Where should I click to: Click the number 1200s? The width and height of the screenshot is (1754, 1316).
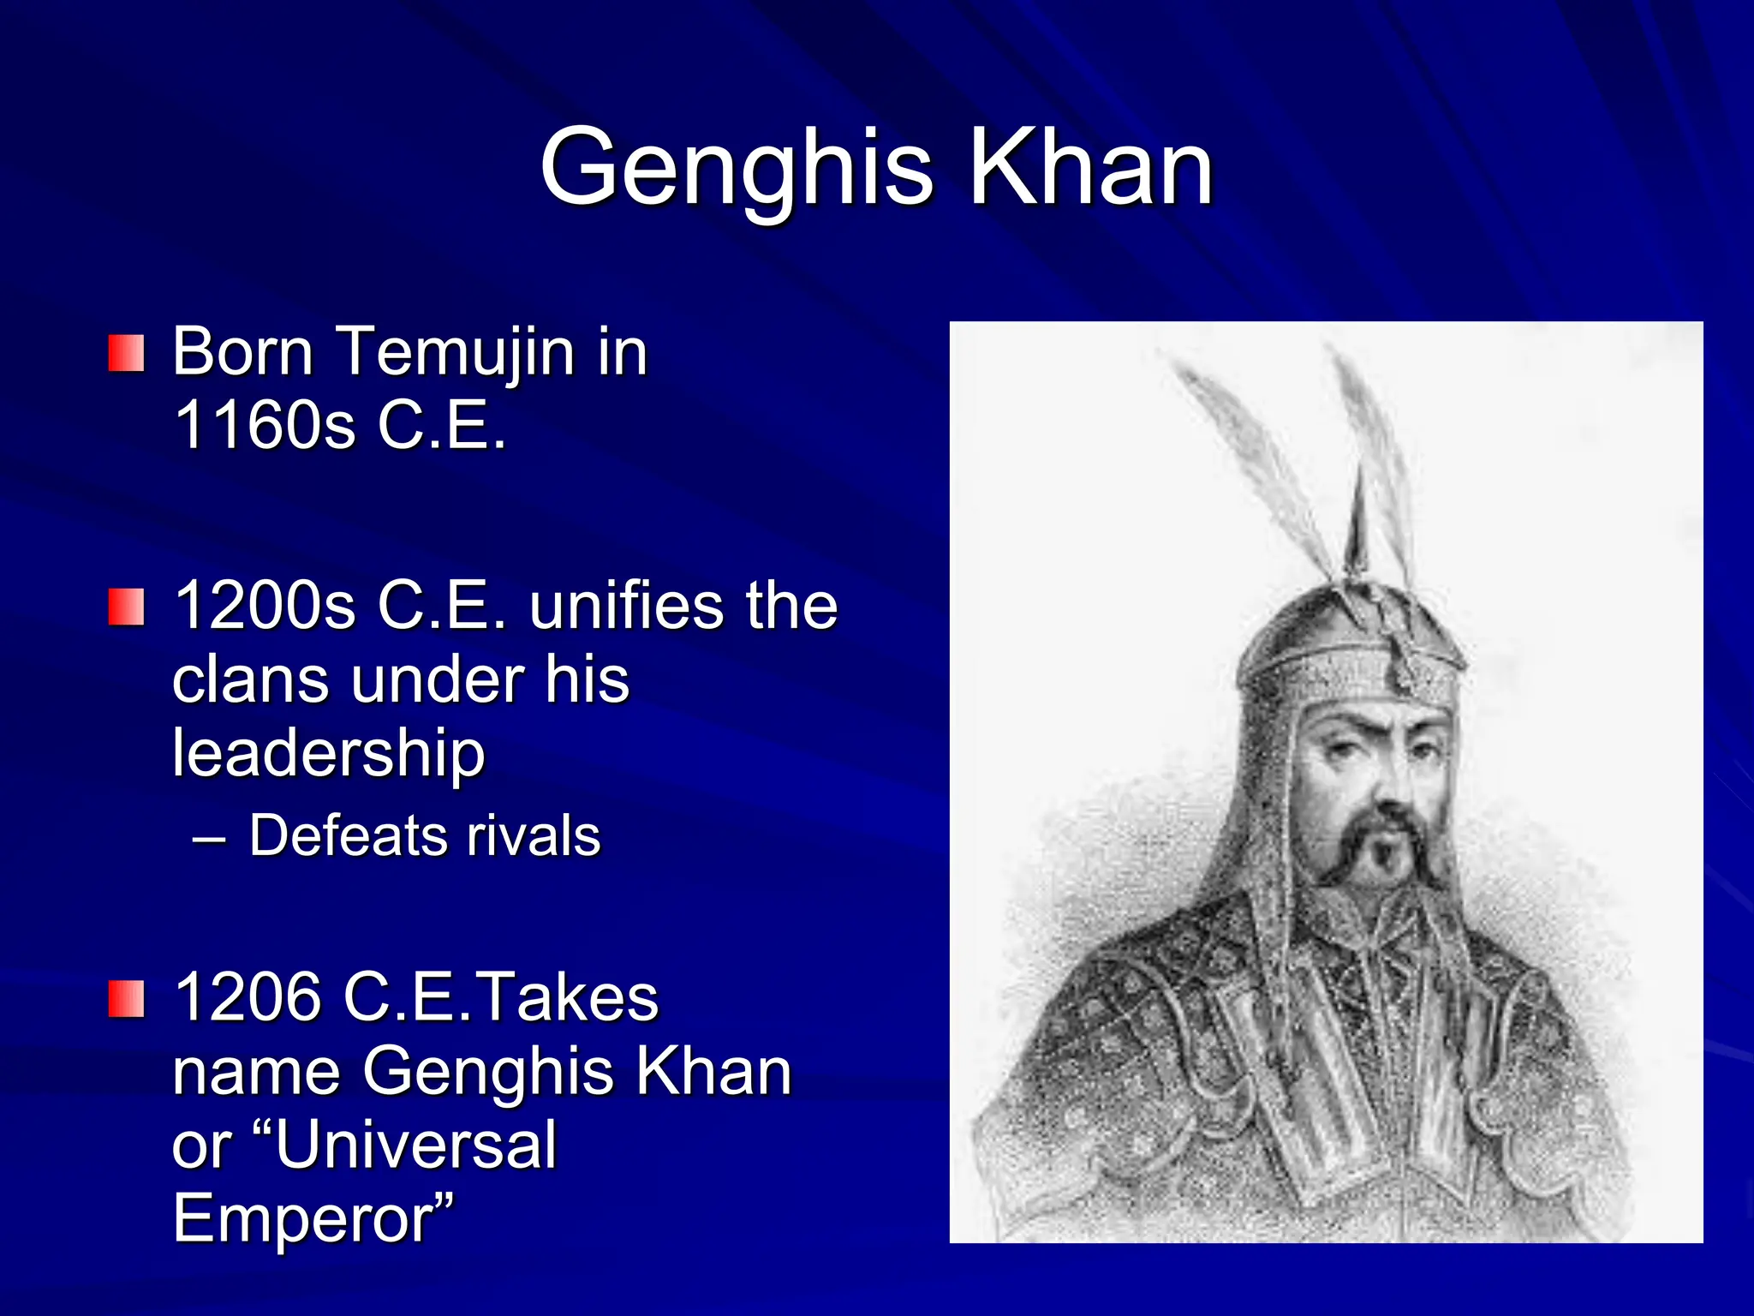click(x=264, y=606)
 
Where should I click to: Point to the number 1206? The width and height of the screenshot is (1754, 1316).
click(x=248, y=997)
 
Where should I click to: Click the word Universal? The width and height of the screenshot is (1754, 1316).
click(x=415, y=1145)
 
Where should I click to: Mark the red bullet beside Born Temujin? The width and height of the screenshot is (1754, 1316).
click(x=126, y=354)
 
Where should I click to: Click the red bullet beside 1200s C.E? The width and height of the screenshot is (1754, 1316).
click(x=126, y=607)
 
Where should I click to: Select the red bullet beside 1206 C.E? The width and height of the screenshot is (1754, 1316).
click(x=126, y=999)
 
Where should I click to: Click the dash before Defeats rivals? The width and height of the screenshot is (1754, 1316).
click(x=209, y=837)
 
